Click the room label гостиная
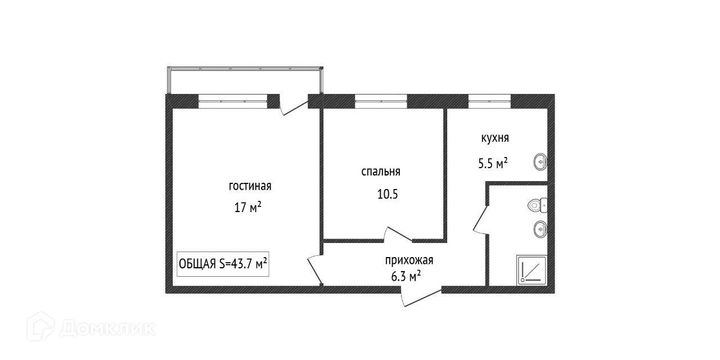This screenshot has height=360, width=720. tap(250, 186)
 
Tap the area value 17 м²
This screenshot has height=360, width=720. tap(247, 208)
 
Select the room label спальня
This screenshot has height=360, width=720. tap(381, 172)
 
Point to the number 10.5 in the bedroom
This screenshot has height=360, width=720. tap(388, 194)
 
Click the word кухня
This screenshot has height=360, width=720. tap(495, 138)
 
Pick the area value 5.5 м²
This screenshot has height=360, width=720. tap(493, 163)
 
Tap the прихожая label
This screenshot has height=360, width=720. tap(409, 260)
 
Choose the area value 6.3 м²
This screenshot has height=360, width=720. tap(406, 276)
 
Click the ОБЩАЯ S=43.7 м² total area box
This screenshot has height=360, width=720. tap(223, 264)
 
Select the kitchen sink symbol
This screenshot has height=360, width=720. tap(541, 162)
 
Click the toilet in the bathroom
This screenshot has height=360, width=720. tap(537, 205)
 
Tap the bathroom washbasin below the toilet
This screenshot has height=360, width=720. tap(541, 229)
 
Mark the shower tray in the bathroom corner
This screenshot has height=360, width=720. tap(532, 271)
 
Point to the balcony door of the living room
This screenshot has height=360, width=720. tap(294, 107)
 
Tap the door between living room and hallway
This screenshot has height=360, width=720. tap(315, 269)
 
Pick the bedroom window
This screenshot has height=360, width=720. tap(381, 101)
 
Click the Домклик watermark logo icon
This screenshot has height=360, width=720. tap(40, 327)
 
